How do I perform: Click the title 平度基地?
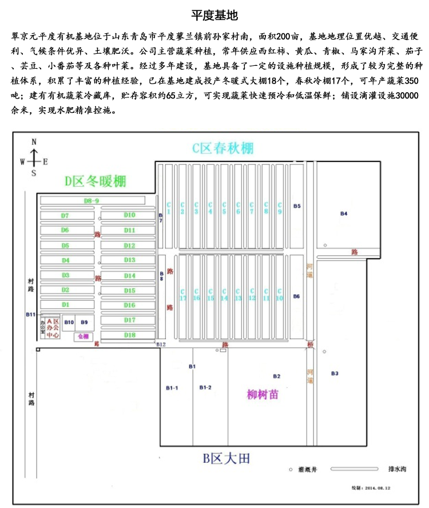pyautogui.click(x=214, y=14)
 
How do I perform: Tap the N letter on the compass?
pyautogui.click(x=34, y=141)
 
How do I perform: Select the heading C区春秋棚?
pyautogui.click(x=223, y=148)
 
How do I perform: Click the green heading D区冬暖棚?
pyautogui.click(x=95, y=182)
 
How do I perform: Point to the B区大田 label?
pyautogui.click(x=226, y=458)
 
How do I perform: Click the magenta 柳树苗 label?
pyautogui.click(x=263, y=395)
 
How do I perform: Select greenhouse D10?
pyautogui.click(x=129, y=215)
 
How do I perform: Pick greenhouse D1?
pyautogui.click(x=65, y=305)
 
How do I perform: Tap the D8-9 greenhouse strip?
pyautogui.click(x=92, y=200)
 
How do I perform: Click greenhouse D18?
pyautogui.click(x=129, y=335)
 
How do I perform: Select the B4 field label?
pyautogui.click(x=344, y=213)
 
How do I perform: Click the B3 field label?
pyautogui.click(x=335, y=373)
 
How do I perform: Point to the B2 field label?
pyautogui.click(x=277, y=376)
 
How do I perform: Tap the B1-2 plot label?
pyautogui.click(x=205, y=388)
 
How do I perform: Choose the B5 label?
pyautogui.click(x=296, y=206)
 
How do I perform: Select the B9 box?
pyautogui.click(x=84, y=322)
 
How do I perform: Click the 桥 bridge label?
pyautogui.click(x=309, y=344)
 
